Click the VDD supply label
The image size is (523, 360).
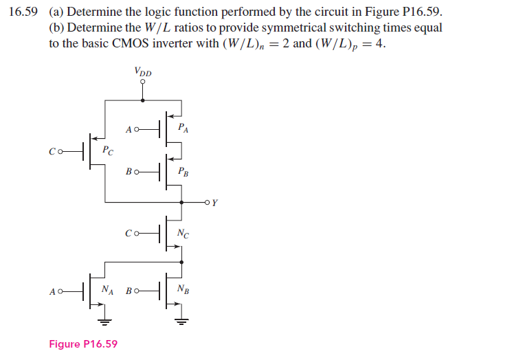(x=143, y=71)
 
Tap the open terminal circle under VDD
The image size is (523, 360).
(x=143, y=82)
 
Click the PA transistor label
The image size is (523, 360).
(x=183, y=128)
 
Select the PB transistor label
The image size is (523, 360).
(x=183, y=172)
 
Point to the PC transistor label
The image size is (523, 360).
(x=108, y=150)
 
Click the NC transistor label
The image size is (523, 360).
(x=183, y=234)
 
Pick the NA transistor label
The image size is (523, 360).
(x=107, y=289)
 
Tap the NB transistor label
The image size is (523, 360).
(x=183, y=289)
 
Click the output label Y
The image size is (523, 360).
(x=215, y=203)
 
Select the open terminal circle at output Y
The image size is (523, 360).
(x=208, y=203)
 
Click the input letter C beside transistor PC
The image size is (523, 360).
(x=52, y=152)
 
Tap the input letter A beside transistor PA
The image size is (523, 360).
(x=129, y=130)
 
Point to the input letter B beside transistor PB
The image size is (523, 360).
(x=129, y=172)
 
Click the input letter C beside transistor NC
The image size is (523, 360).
(x=129, y=234)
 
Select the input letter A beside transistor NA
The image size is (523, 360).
(x=52, y=292)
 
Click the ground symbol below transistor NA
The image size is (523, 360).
(x=104, y=322)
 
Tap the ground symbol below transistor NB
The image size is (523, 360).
(x=181, y=322)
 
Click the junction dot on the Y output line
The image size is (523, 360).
(x=181, y=203)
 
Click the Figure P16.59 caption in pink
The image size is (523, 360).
(x=83, y=344)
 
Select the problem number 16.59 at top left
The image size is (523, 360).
(x=23, y=12)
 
